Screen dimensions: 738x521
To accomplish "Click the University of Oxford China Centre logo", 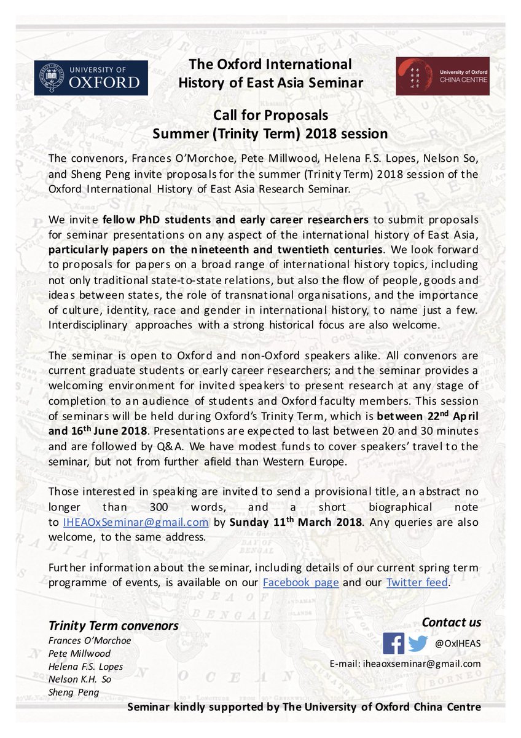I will click(442, 76).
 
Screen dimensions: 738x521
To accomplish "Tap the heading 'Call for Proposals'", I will click(270, 115).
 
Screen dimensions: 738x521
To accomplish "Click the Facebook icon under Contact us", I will click(393, 643).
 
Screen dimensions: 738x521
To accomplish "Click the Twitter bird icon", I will click(418, 643).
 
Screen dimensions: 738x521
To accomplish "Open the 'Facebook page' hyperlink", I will click(300, 582).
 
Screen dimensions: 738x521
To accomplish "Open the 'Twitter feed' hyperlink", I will click(417, 582).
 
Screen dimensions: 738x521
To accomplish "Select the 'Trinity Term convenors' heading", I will click(114, 626).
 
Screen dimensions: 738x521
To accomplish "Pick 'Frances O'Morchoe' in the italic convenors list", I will click(89, 640).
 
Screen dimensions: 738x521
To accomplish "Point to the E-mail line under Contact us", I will click(405, 664).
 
